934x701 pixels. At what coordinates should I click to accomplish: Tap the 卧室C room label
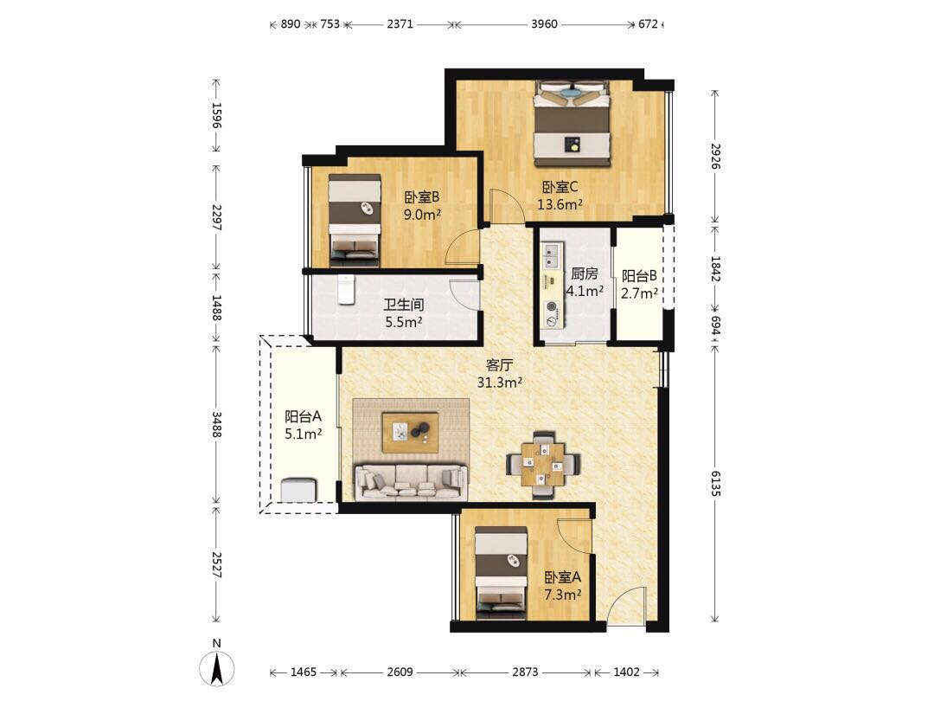[x=560, y=187]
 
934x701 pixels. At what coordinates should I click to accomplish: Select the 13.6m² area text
[x=560, y=204]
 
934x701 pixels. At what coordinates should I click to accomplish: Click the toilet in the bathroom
[x=346, y=289]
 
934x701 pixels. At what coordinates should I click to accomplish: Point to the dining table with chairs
[x=542, y=464]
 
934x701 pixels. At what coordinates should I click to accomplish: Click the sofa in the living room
[x=411, y=482]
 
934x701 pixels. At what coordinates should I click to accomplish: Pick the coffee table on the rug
[x=411, y=431]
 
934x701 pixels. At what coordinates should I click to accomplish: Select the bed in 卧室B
[x=355, y=220]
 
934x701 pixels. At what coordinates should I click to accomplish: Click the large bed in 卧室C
[x=573, y=124]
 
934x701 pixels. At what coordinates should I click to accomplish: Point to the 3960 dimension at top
[x=545, y=24]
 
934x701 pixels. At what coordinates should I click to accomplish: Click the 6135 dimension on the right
[x=715, y=484]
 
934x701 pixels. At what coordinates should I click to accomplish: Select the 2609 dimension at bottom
[x=400, y=672]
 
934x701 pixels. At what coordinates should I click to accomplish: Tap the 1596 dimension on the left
[x=217, y=116]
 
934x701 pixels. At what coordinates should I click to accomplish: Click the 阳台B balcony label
[x=639, y=276]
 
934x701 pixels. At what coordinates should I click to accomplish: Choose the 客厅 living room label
[x=499, y=365]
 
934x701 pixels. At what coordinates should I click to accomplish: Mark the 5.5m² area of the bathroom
[x=404, y=323]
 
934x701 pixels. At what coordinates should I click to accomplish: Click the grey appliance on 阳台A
[x=298, y=490]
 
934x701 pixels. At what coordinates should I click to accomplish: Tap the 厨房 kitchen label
[x=585, y=273]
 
